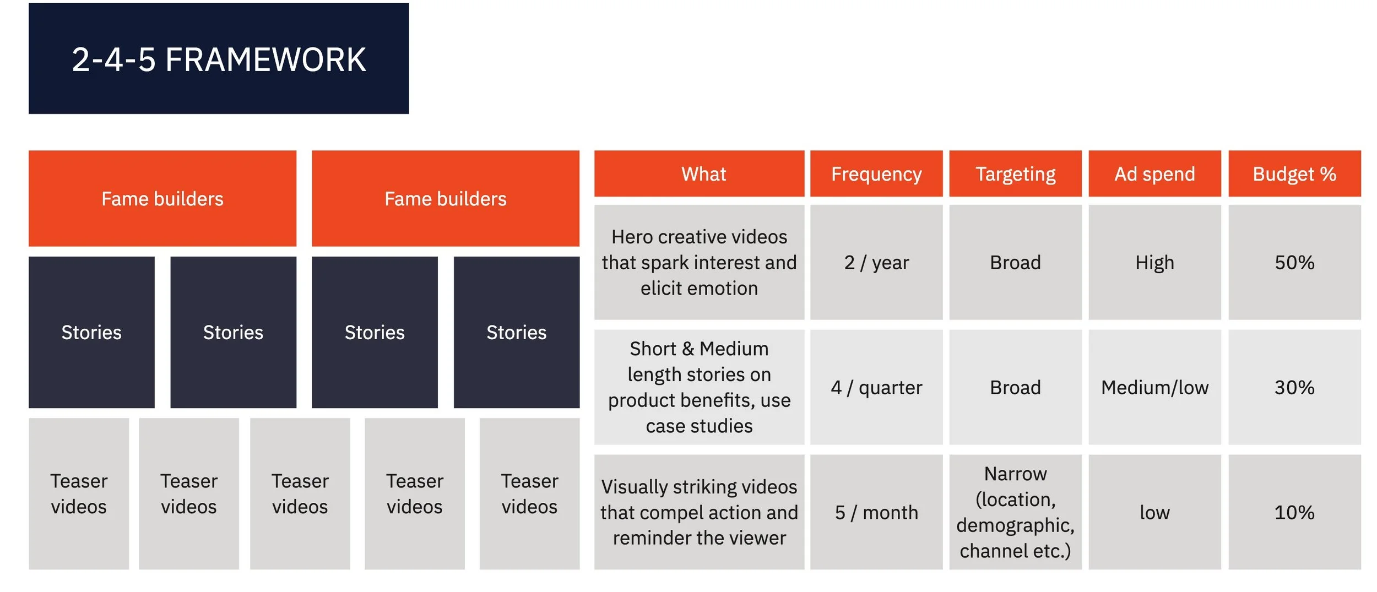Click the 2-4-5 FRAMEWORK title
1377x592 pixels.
click(219, 59)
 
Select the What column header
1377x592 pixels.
click(703, 174)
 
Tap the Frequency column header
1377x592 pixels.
click(876, 174)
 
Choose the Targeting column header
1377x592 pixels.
click(1015, 174)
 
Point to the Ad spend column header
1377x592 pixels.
click(1154, 174)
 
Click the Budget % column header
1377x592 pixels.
click(1294, 174)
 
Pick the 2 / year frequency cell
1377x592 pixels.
click(876, 263)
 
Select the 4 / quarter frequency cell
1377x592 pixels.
click(876, 388)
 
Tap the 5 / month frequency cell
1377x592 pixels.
click(876, 513)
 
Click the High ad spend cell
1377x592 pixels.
click(1154, 263)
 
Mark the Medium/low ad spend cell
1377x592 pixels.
click(1154, 388)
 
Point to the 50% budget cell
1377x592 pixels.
click(1294, 263)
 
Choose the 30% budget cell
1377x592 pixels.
click(1294, 388)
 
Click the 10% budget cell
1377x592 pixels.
click(1294, 513)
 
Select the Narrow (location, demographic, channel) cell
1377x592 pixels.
click(1015, 513)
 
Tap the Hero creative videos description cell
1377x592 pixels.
click(699, 263)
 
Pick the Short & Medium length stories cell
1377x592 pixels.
click(699, 388)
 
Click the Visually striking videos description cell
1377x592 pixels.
click(699, 513)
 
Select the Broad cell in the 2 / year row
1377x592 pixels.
click(1015, 263)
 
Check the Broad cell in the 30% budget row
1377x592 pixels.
click(1015, 388)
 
